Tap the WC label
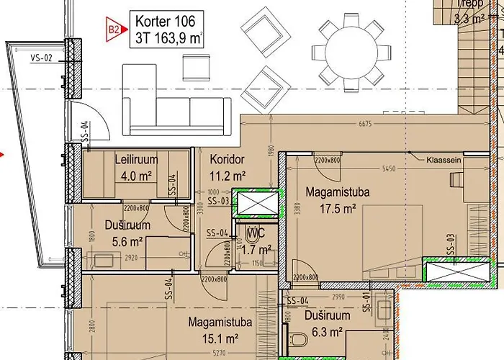click(255, 233)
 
